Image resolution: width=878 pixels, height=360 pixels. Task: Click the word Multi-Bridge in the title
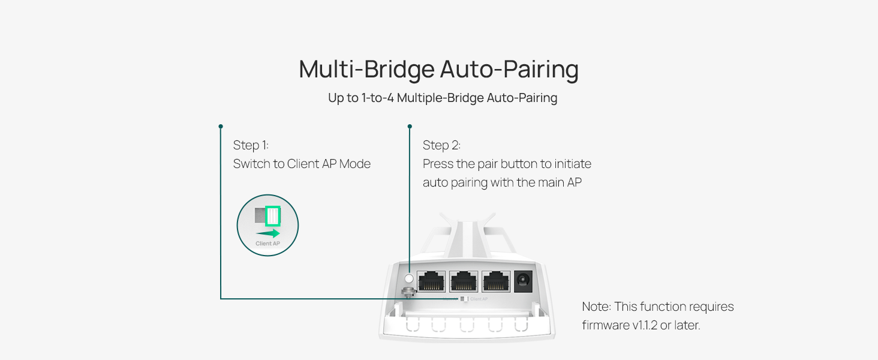366,70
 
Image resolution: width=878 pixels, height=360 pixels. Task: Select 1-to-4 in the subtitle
377,98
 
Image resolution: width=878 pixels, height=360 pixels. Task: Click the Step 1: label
251,145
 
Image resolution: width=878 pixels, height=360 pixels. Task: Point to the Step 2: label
441,145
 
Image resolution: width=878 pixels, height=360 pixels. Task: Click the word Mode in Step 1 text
354,164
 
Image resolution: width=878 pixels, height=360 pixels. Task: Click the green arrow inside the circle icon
268,233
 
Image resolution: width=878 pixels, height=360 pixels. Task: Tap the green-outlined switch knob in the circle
273,215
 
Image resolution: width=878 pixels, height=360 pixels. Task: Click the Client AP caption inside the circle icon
267,244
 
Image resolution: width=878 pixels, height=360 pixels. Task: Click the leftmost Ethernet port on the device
431,280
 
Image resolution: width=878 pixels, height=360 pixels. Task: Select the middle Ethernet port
464,280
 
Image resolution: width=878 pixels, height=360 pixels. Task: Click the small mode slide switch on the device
462,299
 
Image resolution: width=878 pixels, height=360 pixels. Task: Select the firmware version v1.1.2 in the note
633,326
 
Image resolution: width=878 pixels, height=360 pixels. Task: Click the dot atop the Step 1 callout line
221,127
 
